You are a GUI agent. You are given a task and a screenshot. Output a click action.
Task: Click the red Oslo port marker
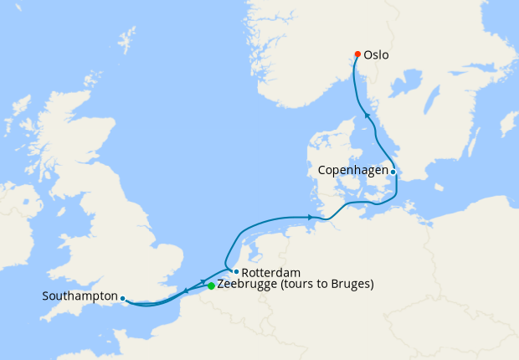pyautogui.click(x=357, y=54)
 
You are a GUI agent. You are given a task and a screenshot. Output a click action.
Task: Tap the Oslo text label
pyautogui.click(x=376, y=55)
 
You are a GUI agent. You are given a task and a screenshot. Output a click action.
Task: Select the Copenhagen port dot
pyautogui.click(x=393, y=172)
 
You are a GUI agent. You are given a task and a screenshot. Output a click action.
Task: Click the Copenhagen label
pyautogui.click(x=353, y=170)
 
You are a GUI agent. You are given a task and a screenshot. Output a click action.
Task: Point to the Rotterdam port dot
pyautogui.click(x=236, y=271)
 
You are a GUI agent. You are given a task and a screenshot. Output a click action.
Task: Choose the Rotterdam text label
pyautogui.click(x=270, y=273)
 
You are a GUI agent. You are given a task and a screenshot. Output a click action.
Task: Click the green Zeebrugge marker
pyautogui.click(x=211, y=285)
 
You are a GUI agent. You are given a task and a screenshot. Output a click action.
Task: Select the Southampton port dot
pyautogui.click(x=122, y=297)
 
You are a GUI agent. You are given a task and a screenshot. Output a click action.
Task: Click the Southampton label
pyautogui.click(x=80, y=296)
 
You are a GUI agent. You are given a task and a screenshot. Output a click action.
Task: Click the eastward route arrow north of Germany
pyautogui.click(x=311, y=218)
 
